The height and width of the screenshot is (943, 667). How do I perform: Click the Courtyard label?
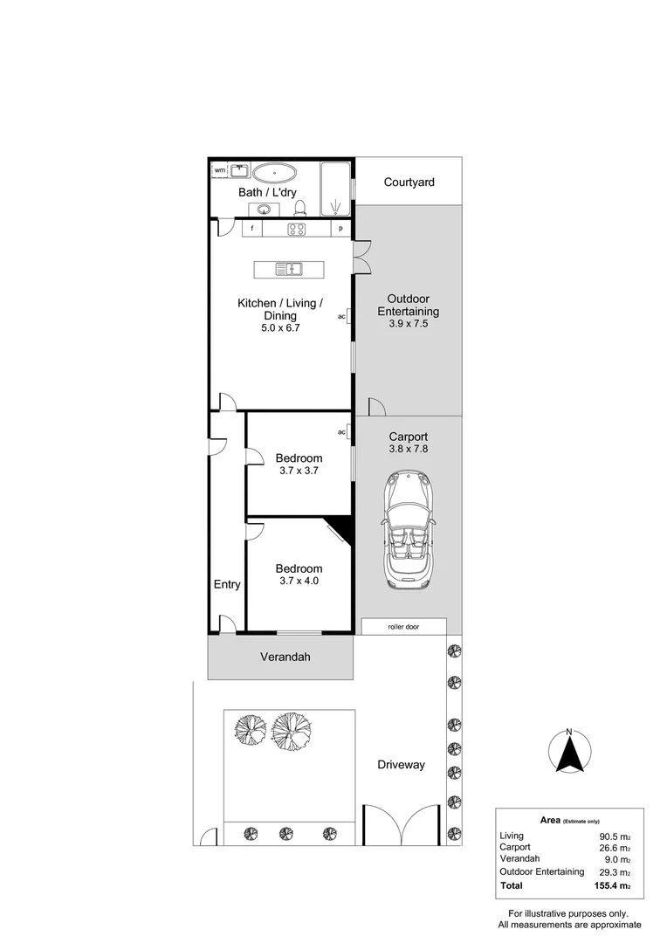409,182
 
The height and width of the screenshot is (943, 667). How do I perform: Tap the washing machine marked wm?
220,170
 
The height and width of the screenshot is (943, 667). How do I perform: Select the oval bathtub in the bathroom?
274,173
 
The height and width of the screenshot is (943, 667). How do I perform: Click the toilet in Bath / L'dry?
300,208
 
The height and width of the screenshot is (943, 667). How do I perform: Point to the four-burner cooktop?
296,229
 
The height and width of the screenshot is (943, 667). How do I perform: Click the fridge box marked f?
252,229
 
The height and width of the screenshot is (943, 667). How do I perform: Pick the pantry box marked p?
340,229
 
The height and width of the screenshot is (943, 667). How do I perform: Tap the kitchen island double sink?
289,269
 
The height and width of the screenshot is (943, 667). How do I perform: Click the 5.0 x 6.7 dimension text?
280,328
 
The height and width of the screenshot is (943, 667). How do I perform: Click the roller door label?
403,627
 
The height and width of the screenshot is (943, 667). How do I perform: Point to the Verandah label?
285,657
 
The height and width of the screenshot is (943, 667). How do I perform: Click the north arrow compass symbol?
569,751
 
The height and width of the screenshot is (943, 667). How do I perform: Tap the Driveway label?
402,765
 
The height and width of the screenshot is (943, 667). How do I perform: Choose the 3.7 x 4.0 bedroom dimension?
299,581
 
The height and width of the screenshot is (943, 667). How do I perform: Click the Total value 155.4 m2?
612,886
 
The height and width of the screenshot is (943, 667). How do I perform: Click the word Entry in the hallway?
227,584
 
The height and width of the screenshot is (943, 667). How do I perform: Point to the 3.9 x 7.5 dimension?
409,324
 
